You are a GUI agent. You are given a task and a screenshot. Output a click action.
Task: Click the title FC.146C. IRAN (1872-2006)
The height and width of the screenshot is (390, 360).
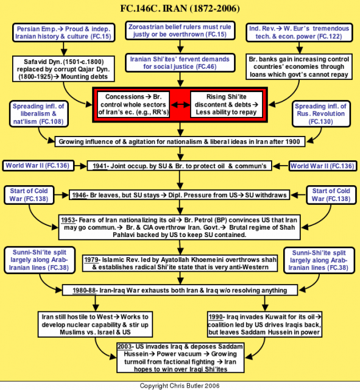tap(180, 9)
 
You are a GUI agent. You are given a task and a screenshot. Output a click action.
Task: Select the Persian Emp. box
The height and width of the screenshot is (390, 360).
tap(63, 32)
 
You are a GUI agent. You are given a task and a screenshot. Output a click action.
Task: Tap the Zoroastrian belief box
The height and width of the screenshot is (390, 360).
tap(180, 30)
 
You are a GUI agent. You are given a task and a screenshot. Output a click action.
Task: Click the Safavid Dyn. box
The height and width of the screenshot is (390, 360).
tap(63, 69)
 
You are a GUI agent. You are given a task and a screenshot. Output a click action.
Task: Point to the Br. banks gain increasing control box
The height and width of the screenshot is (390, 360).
tap(299, 66)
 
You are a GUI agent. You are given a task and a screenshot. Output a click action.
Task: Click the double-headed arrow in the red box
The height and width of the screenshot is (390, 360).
tap(180, 104)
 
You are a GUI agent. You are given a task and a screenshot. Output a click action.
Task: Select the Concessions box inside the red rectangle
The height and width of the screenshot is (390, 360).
tap(133, 104)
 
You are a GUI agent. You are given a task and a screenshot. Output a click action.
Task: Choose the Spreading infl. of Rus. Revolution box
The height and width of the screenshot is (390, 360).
tap(321, 114)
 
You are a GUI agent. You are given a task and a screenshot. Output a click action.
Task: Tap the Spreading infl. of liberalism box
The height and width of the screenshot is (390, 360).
tap(38, 114)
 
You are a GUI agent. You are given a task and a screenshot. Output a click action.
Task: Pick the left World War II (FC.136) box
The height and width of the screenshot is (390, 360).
tap(38, 166)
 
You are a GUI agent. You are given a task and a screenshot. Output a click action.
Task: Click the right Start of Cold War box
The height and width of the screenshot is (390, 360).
tap(331, 195)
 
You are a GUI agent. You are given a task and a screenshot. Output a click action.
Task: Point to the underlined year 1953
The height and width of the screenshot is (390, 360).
tap(68, 220)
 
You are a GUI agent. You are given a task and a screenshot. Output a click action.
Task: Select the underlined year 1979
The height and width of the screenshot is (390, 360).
tap(91, 260)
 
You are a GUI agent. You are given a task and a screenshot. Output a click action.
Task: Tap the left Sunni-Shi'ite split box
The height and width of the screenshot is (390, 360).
tap(40, 260)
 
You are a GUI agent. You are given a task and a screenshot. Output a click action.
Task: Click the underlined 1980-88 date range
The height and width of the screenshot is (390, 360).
tap(84, 291)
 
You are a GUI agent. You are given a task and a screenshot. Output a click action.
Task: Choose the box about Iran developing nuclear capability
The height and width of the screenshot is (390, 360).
tap(95, 324)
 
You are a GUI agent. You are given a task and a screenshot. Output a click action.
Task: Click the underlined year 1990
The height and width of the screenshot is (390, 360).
tap(216, 317)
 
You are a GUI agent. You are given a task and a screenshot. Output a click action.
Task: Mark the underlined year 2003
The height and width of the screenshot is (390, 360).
tap(125, 347)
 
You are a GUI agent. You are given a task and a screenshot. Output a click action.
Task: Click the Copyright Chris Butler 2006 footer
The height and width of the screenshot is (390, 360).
tap(180, 386)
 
